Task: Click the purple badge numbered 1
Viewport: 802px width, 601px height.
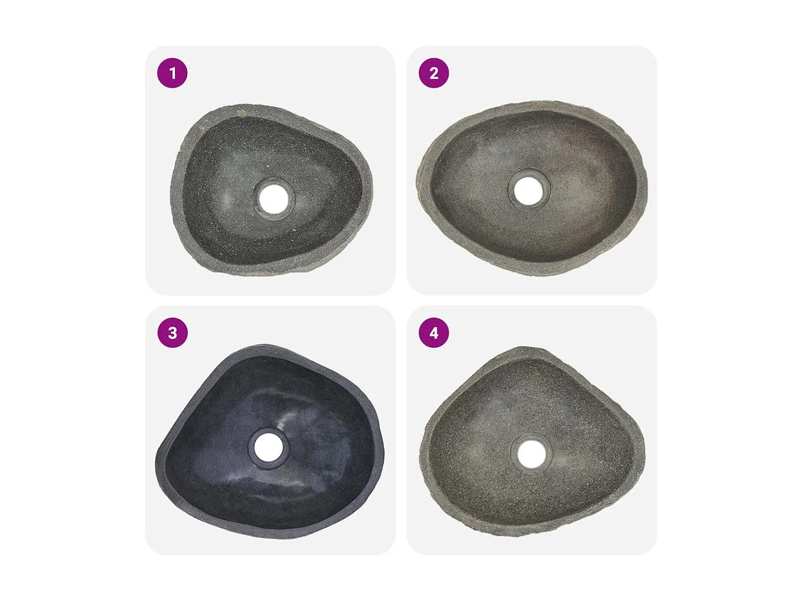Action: [172, 73]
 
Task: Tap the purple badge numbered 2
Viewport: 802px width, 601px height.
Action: [434, 73]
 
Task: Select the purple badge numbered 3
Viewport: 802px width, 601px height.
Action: [172, 333]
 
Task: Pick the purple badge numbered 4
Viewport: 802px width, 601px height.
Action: [434, 333]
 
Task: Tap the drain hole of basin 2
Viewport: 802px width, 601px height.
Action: [528, 191]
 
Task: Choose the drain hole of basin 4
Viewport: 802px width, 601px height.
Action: [531, 454]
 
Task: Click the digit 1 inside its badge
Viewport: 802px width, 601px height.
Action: [172, 73]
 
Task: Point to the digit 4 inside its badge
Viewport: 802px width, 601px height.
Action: [434, 333]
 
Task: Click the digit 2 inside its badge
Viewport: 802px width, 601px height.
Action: [434, 73]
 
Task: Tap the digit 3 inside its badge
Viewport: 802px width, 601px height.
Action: [172, 333]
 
